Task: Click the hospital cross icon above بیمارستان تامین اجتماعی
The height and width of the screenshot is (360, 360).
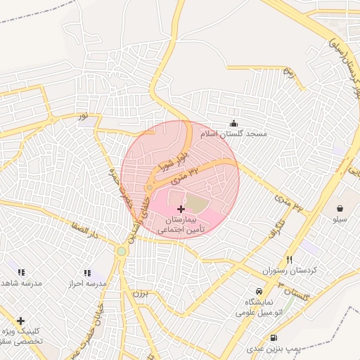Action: coord(181,209)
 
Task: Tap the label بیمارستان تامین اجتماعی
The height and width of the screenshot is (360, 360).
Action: coord(181,224)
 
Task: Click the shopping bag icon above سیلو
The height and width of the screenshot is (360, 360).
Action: coord(340,208)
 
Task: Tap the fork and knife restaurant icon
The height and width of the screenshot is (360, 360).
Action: coord(290,259)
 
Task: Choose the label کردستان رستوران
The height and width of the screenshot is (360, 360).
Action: coord(290,271)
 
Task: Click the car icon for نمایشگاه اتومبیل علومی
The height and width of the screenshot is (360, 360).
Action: coord(259,290)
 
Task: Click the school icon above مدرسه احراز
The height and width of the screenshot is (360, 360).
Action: coord(87,272)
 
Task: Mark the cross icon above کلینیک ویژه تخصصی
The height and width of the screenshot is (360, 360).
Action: coord(20,321)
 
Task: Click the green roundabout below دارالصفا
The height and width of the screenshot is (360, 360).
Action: coord(122,251)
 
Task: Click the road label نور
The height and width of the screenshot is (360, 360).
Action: coord(83,114)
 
